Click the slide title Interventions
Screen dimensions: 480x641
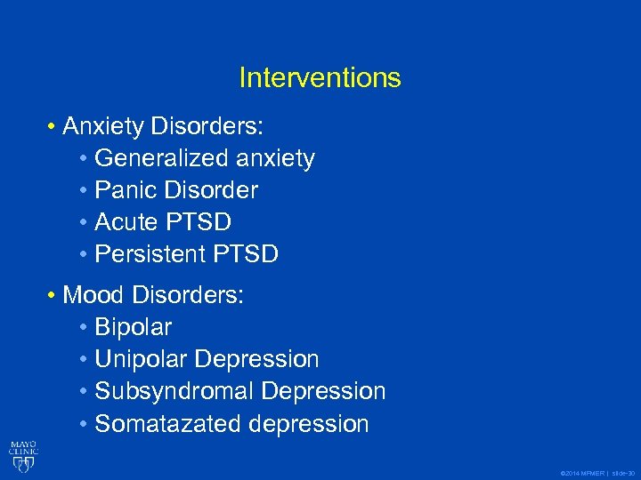(x=320, y=78)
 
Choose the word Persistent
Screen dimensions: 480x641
(x=150, y=254)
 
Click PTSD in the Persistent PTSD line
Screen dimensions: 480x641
(x=246, y=254)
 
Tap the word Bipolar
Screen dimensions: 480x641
(x=133, y=327)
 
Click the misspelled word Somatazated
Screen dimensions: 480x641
(x=168, y=424)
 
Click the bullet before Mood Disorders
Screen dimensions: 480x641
(x=53, y=295)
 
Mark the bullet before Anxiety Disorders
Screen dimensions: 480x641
(x=53, y=126)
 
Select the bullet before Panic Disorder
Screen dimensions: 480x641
(x=84, y=190)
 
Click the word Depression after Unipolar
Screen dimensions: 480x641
(x=256, y=359)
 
